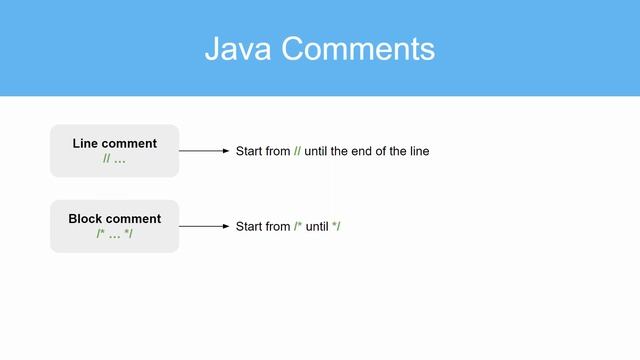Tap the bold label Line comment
114,144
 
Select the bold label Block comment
114,219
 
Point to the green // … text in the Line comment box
114,160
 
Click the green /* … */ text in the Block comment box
114,235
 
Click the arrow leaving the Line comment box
204,151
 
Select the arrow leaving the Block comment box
204,227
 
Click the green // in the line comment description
297,151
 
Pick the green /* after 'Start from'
298,227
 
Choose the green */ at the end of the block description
337,227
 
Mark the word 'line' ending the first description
418,151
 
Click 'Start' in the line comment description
249,151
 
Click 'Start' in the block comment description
249,227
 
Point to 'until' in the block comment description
317,227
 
